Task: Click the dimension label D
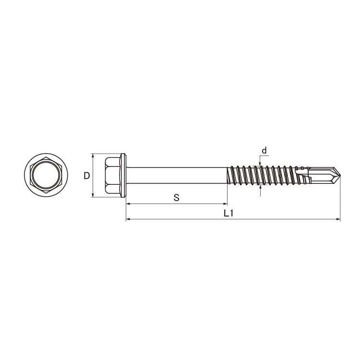(x=86, y=176)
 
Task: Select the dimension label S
(x=176, y=197)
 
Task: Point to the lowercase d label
(x=264, y=151)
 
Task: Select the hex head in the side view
(x=112, y=175)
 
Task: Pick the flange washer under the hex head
(x=124, y=175)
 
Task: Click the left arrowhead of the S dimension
(x=128, y=204)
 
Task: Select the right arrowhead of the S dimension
(x=225, y=204)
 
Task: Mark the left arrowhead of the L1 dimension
(x=128, y=219)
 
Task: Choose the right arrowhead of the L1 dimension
(x=338, y=219)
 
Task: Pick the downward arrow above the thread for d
(x=260, y=162)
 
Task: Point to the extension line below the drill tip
(x=340, y=202)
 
